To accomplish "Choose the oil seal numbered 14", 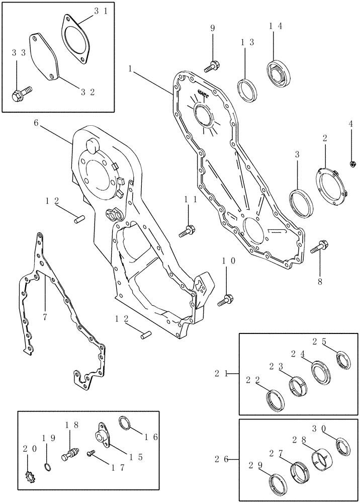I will [276, 73].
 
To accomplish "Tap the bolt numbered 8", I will [320, 248].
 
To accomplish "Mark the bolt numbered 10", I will [225, 301].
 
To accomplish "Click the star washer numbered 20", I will [30, 474].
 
